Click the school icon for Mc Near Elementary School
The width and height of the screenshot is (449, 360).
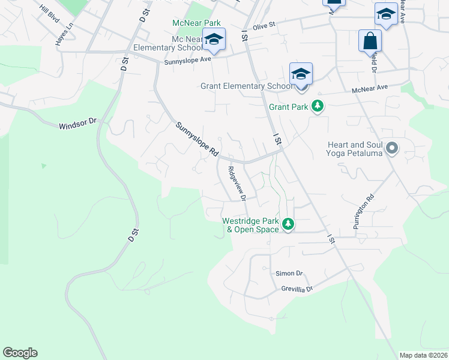(213, 40)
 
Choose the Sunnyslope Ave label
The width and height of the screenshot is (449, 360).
(188, 60)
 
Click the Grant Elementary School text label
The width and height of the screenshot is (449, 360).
(246, 86)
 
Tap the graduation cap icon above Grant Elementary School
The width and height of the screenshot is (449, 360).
(301, 74)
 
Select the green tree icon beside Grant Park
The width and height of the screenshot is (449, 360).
(318, 107)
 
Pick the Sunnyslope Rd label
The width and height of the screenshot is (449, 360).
(197, 140)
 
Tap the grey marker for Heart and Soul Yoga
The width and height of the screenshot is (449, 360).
(392, 147)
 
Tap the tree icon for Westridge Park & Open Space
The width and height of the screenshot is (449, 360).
(289, 224)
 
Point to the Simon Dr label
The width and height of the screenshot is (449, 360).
(289, 273)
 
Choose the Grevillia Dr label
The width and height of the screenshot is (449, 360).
(297, 289)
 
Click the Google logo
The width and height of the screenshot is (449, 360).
(20, 353)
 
